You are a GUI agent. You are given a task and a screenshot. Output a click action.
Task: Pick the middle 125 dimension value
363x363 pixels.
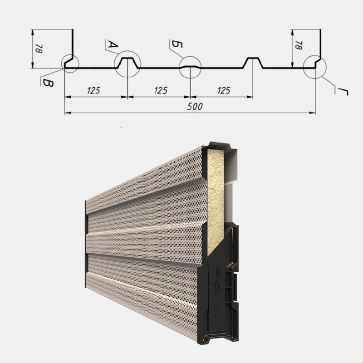click(x=160, y=90)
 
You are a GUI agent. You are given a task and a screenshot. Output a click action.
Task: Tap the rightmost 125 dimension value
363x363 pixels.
click(x=223, y=90)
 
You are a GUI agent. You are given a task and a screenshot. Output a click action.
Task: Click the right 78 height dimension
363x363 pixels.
click(x=298, y=45)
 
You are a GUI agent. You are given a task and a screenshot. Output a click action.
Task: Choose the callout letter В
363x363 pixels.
click(x=47, y=82)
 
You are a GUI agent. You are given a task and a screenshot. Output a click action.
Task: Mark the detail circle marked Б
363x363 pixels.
click(x=190, y=67)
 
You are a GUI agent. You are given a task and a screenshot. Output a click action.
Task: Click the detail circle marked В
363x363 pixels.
click(x=69, y=64)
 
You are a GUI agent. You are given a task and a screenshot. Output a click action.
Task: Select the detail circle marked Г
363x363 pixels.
click(x=314, y=67)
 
